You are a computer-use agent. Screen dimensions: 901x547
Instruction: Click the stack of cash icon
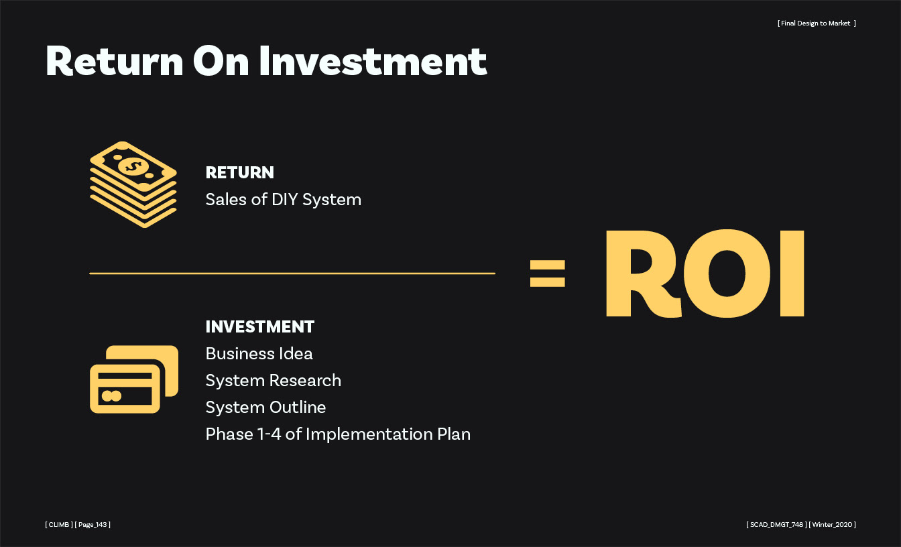pos(133,184)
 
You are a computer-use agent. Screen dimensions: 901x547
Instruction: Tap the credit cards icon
pos(134,379)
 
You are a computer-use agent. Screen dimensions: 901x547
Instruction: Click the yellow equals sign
pos(548,273)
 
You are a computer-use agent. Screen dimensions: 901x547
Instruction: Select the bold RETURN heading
pos(240,172)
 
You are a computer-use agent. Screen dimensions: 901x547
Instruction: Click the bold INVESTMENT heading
pos(260,326)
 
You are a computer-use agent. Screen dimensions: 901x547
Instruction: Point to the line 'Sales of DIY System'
pos(283,200)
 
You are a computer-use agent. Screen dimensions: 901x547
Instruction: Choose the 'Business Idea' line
pos(259,353)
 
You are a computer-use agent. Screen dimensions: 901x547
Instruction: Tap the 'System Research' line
pos(273,381)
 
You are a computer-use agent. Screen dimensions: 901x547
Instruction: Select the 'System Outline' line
pos(265,407)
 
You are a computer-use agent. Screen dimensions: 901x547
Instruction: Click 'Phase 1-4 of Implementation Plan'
pos(338,434)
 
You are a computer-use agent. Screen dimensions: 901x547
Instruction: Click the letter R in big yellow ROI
pos(644,273)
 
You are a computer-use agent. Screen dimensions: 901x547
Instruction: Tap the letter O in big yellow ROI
pos(727,273)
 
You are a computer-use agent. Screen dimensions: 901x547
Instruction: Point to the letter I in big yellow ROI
pos(792,273)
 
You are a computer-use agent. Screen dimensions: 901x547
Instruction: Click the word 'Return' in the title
pos(115,61)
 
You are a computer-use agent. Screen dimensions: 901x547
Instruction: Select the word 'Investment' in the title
pos(373,61)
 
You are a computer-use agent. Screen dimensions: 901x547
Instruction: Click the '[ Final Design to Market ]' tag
pos(817,23)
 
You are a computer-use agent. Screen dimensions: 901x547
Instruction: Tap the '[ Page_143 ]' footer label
pos(93,524)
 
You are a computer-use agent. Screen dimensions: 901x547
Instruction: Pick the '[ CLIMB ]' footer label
pos(59,524)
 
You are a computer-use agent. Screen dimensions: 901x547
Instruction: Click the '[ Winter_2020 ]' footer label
pos(832,524)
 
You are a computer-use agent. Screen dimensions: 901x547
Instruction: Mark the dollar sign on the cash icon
pos(133,166)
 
